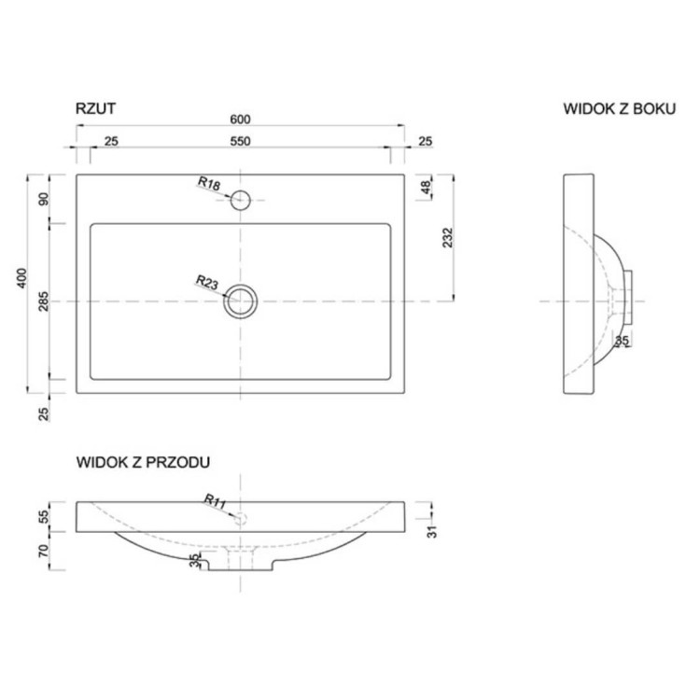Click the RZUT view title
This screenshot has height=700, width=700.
(95, 108)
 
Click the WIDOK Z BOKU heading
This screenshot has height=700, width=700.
(620, 109)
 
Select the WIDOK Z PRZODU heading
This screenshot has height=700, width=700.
(143, 462)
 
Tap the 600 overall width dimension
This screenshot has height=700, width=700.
(240, 119)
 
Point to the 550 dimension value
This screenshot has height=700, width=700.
(240, 141)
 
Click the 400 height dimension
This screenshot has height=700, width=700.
(21, 278)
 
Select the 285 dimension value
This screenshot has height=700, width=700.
(43, 301)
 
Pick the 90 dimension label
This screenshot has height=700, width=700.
(43, 200)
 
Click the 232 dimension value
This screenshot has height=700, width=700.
(447, 237)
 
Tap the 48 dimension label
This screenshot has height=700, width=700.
(427, 188)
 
